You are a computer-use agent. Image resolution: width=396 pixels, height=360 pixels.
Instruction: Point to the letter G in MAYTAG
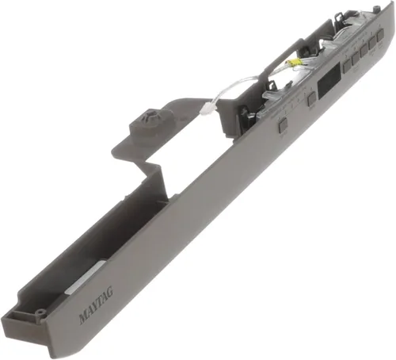pos(110,292)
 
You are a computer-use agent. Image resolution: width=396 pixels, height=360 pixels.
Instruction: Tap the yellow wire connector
pos(291,63)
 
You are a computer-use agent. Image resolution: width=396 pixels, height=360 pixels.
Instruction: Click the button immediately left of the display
pos(311,99)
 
